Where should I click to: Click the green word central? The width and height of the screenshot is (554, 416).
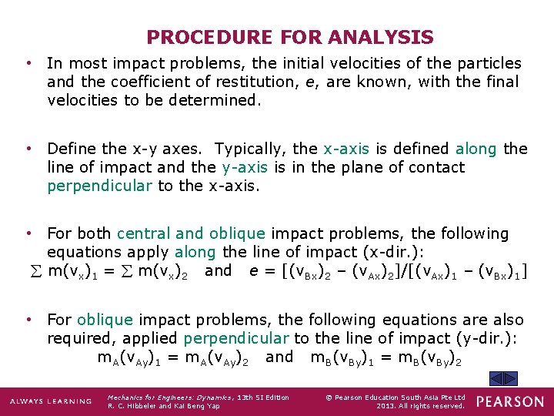pyautogui.click(x=148, y=233)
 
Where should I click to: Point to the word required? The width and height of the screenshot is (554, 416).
pyautogui.click(x=76, y=338)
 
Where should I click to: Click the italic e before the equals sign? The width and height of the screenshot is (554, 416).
pyautogui.click(x=254, y=270)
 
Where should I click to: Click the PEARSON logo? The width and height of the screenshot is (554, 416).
pyautogui.click(x=509, y=401)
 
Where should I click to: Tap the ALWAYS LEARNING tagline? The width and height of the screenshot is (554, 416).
pyautogui.click(x=52, y=401)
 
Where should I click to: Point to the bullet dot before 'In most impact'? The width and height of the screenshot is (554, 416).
pyautogui.click(x=28, y=63)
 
